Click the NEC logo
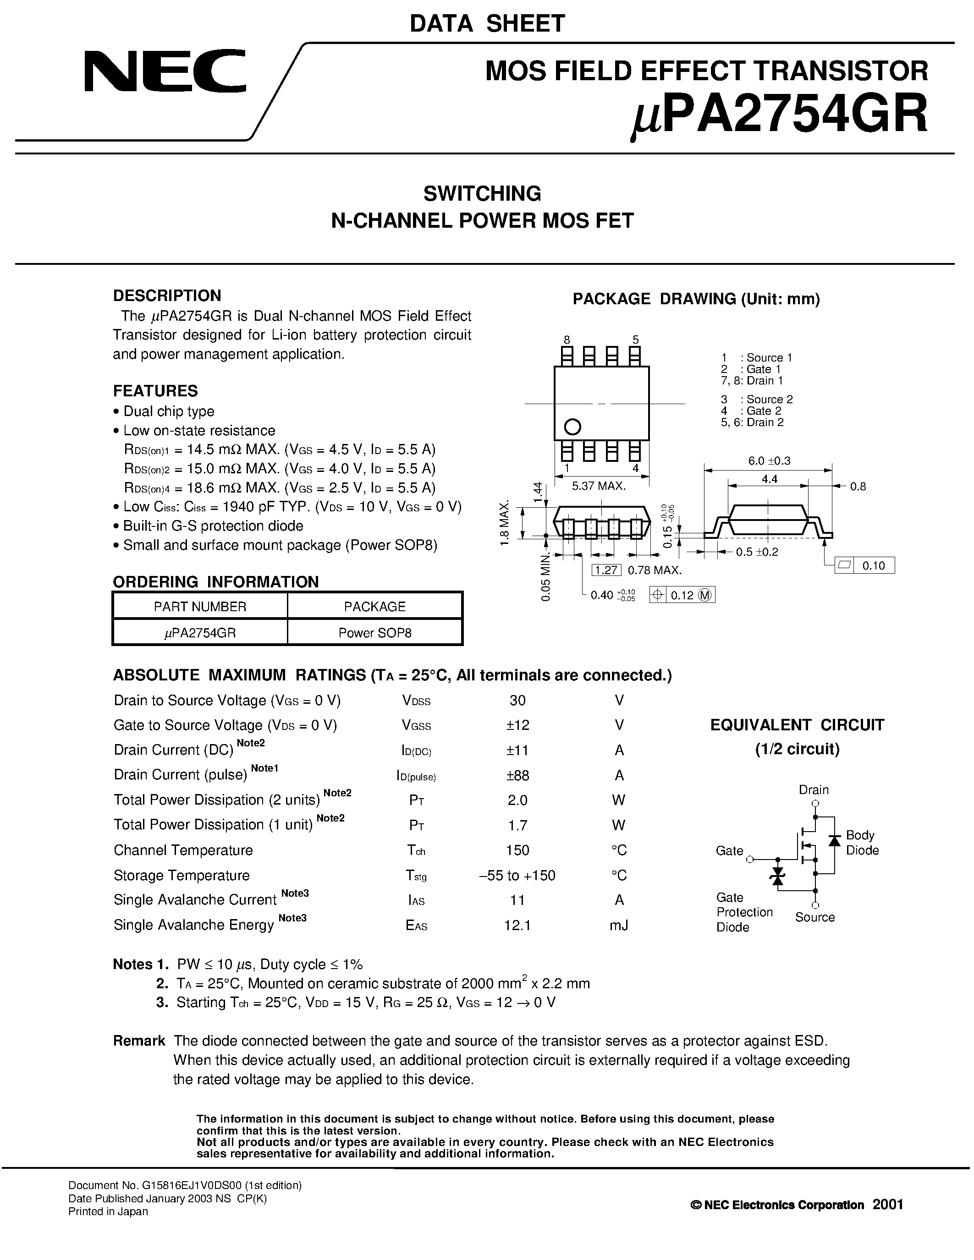point(165,71)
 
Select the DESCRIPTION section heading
point(167,296)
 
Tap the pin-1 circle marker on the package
point(572,427)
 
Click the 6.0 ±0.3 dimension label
point(769,460)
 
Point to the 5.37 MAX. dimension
point(598,486)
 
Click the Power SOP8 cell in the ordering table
point(374,632)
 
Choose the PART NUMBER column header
point(200,606)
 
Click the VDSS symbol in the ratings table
point(416,701)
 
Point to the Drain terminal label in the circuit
point(814,789)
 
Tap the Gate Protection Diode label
point(744,912)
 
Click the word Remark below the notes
point(139,1041)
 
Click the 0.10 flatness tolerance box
point(873,565)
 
